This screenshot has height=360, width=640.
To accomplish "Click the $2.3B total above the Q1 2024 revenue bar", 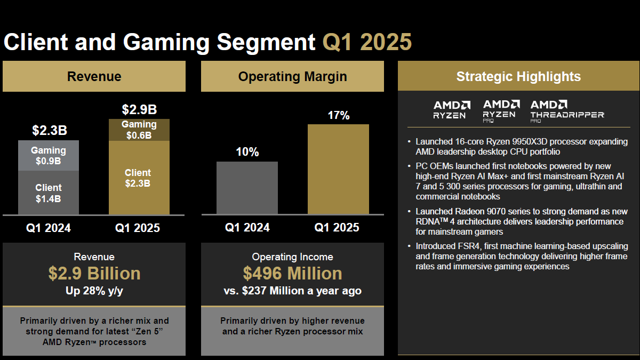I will click(49, 131).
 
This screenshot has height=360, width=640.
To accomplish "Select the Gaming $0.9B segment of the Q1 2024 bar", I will click(49, 156).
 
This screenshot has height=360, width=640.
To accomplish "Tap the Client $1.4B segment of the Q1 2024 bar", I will click(49, 193).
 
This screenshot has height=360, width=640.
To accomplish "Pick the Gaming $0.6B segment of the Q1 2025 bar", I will click(139, 130).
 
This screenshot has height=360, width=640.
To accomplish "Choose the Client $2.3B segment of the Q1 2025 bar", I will click(138, 178).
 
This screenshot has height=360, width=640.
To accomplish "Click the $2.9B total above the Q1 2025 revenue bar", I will click(139, 110).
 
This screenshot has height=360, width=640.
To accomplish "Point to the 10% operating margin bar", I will click(247, 188).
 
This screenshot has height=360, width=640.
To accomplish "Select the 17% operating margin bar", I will click(338, 169).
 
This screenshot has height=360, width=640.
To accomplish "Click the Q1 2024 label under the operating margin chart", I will click(247, 228).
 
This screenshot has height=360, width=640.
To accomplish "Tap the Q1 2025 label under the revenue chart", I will click(138, 228).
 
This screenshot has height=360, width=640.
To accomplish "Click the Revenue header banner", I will click(94, 76).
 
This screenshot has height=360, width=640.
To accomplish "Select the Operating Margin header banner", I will click(292, 76).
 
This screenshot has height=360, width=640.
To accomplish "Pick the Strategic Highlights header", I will click(518, 76).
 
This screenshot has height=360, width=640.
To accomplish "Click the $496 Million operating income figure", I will click(292, 274).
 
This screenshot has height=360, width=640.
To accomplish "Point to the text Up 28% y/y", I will click(94, 291).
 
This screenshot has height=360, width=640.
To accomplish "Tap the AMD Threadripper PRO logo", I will click(567, 110).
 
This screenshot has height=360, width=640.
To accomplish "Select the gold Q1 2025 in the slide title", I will click(367, 42).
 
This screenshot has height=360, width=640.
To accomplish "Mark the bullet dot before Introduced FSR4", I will click(409, 246).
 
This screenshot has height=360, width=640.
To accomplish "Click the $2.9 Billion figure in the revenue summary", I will click(94, 274).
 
